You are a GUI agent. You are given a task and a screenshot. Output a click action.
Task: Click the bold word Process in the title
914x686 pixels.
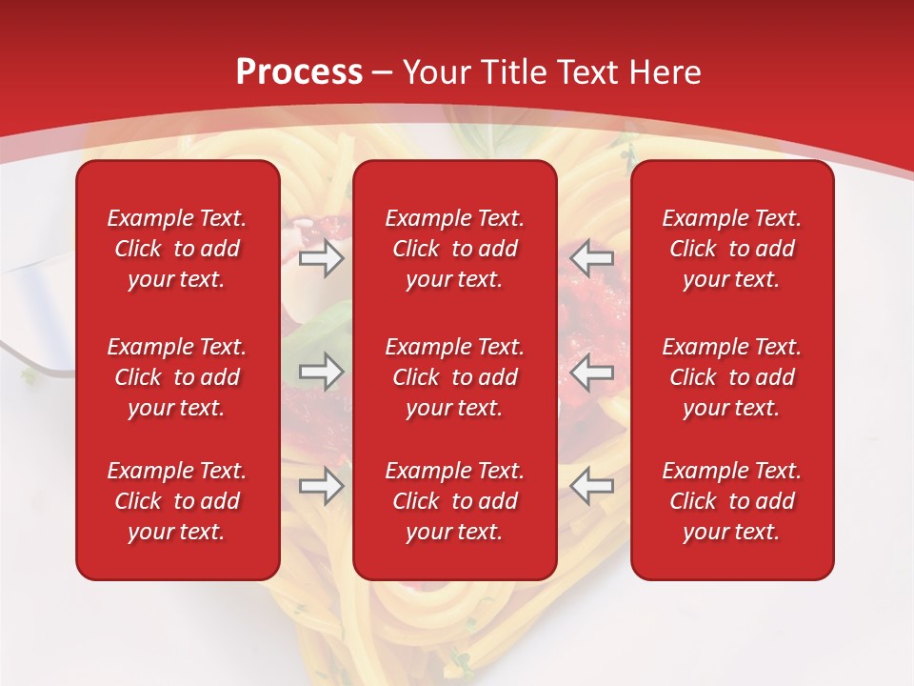pyautogui.click(x=299, y=72)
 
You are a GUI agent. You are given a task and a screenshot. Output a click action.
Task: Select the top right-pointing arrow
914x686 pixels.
pyautogui.click(x=322, y=258)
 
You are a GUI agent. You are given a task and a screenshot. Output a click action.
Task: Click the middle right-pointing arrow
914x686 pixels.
pyautogui.click(x=322, y=372)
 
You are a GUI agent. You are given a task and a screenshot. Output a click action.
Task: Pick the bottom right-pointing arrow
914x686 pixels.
pyautogui.click(x=322, y=486)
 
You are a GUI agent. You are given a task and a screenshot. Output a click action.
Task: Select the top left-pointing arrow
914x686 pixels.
pyautogui.click(x=591, y=258)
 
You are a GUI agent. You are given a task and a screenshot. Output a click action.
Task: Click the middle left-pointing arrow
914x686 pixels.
pyautogui.click(x=591, y=372)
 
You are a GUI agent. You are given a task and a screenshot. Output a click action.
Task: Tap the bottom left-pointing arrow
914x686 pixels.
pyautogui.click(x=591, y=486)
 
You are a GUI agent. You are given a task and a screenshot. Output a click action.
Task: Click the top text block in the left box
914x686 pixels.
pyautogui.click(x=177, y=249)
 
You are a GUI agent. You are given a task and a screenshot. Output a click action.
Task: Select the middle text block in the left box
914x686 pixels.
pyautogui.click(x=177, y=377)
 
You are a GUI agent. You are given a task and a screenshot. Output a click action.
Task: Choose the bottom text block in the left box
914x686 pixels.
pyautogui.click(x=177, y=501)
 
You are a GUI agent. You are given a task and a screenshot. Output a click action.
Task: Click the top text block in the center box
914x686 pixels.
pyautogui.click(x=454, y=249)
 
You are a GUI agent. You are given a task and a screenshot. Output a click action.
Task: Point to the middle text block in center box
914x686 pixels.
pyautogui.click(x=454, y=377)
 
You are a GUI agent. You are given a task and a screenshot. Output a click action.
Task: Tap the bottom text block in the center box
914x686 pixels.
pyautogui.click(x=454, y=501)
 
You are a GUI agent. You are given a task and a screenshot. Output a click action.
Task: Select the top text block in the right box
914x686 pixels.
pyautogui.click(x=731, y=249)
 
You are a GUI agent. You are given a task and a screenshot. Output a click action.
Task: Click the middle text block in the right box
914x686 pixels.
pyautogui.click(x=731, y=377)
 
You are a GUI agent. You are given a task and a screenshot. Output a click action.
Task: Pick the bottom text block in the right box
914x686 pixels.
pyautogui.click(x=731, y=501)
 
